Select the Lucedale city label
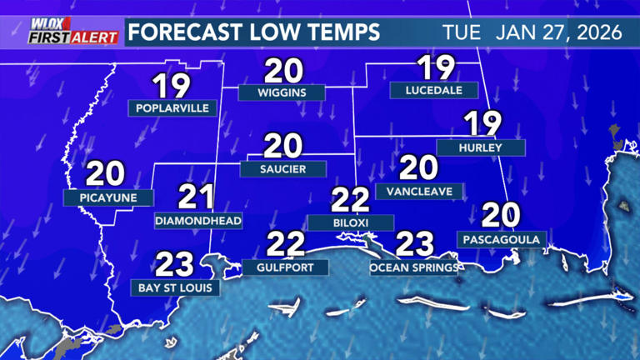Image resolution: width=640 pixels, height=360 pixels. (433, 90)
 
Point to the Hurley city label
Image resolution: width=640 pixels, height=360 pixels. (492, 147)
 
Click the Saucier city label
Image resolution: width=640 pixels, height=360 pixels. (282, 169)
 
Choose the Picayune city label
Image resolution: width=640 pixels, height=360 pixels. (108, 198)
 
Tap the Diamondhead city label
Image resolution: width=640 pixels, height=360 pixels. (198, 221)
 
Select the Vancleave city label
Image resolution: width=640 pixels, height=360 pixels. (419, 191)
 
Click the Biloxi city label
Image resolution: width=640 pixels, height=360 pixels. (349, 222)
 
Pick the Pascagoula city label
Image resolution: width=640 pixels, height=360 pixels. (502, 240)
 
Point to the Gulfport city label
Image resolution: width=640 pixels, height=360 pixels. (285, 267)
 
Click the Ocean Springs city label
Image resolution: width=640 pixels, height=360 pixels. (414, 267)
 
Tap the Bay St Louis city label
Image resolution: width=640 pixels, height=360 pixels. (176, 287)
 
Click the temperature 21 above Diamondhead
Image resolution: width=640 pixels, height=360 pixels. (197, 197)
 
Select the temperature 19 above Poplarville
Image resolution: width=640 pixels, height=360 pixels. (172, 85)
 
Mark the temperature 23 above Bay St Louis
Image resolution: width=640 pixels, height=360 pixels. (175, 264)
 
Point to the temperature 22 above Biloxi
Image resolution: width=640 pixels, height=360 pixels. (349, 200)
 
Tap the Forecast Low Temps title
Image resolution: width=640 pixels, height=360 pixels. (254, 32)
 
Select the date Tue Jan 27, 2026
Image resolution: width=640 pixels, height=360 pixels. (532, 32)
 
